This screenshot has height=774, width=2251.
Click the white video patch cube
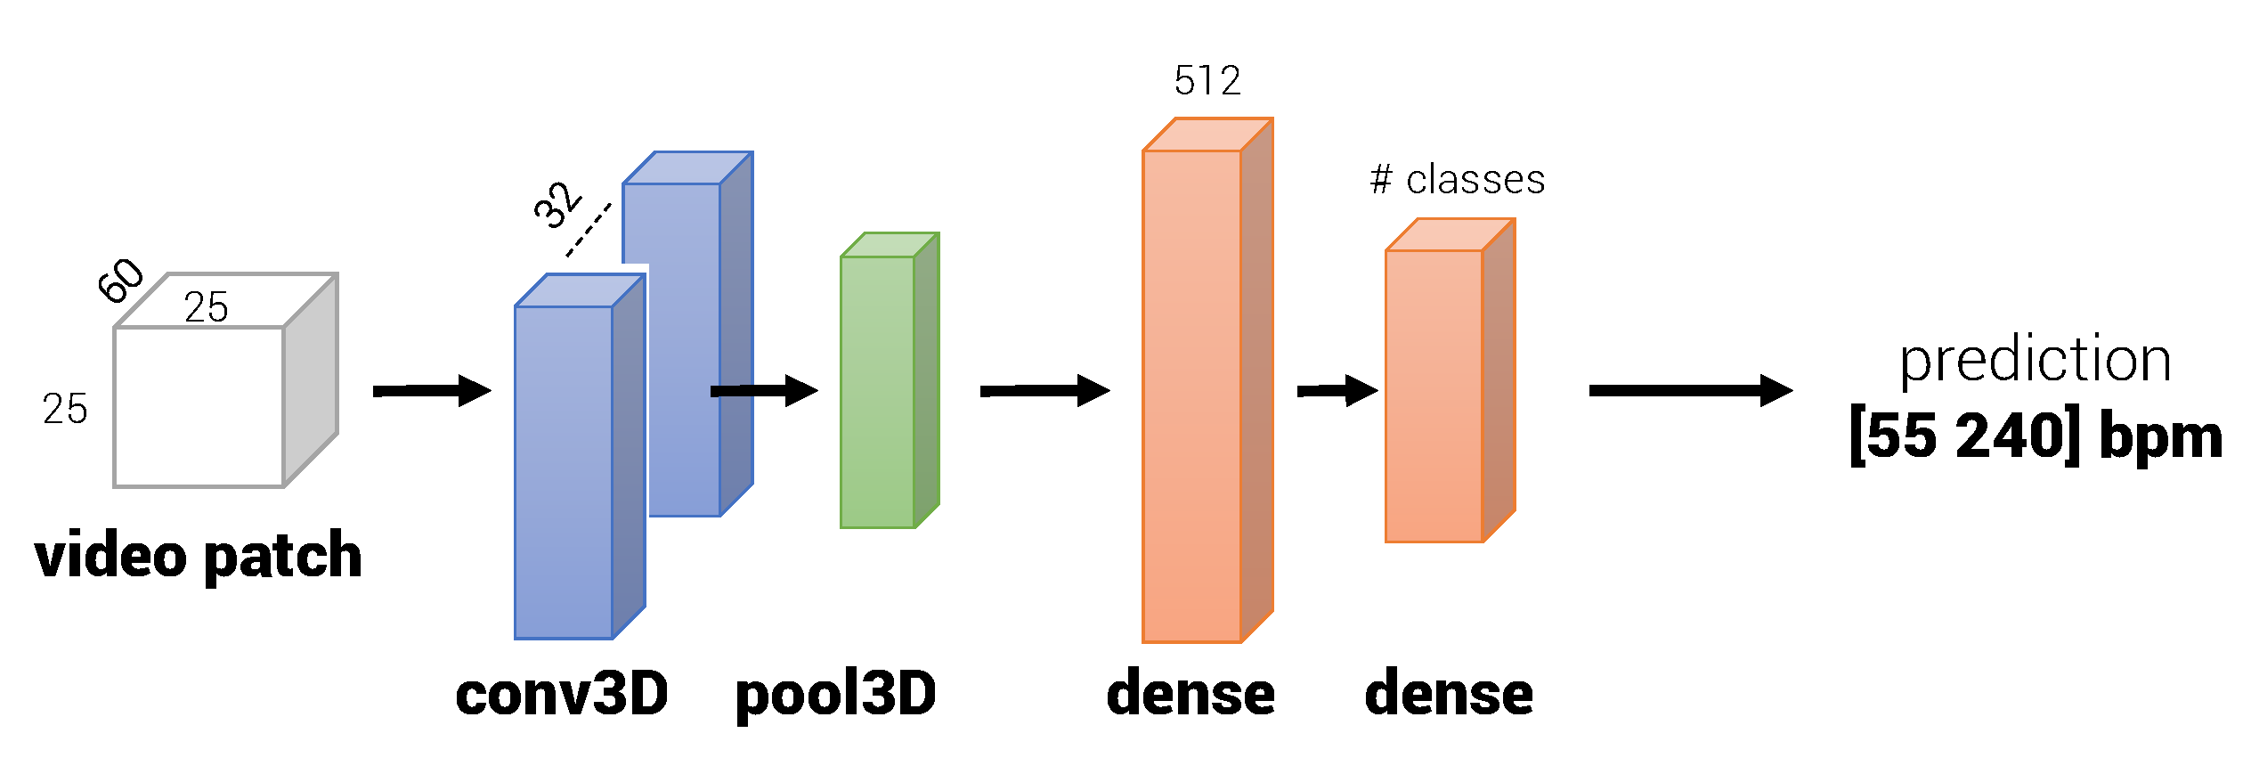[199, 406]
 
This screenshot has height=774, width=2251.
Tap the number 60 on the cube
[120, 280]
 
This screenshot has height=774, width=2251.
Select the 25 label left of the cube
[65, 410]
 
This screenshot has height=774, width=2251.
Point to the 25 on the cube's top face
[207, 307]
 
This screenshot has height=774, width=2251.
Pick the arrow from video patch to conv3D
[432, 391]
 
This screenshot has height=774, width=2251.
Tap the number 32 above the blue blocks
[558, 205]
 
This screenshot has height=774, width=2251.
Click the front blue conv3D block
[564, 472]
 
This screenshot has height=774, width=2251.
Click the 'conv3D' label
[562, 694]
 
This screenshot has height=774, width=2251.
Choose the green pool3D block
[879, 392]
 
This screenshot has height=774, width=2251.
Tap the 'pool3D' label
[835, 694]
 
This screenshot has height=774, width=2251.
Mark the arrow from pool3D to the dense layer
[1044, 391]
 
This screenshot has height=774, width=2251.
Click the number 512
[1207, 81]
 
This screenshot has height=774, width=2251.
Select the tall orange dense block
[1192, 396]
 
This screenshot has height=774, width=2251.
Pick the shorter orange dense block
[1434, 396]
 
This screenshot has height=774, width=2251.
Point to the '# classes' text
[1458, 180]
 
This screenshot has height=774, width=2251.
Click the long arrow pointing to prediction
[1690, 391]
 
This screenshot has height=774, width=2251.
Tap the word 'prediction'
[2036, 360]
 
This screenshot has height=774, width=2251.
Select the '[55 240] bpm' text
[2036, 436]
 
